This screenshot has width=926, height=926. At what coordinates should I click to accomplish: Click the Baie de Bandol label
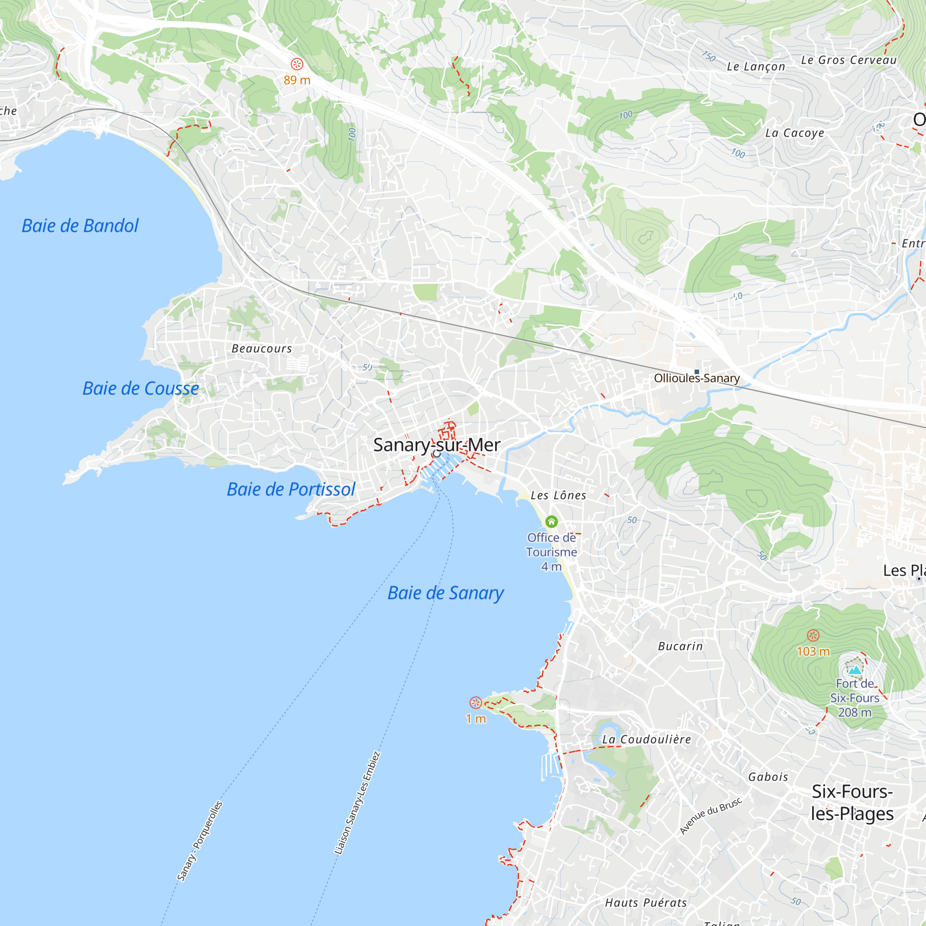click(80, 226)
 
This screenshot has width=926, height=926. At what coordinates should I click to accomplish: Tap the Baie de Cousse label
click(140, 389)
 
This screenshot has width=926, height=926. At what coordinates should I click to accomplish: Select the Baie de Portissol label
click(291, 489)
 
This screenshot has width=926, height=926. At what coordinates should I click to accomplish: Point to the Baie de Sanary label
click(445, 593)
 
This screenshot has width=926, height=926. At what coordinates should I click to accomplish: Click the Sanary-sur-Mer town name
click(437, 445)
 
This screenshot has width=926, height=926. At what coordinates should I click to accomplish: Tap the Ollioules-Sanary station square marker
click(696, 372)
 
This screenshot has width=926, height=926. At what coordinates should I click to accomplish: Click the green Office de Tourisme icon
click(551, 521)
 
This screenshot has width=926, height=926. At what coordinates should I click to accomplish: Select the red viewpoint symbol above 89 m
click(297, 64)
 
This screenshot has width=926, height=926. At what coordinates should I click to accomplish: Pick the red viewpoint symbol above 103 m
click(813, 636)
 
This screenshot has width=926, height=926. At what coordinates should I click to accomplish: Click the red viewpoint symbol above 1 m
click(476, 703)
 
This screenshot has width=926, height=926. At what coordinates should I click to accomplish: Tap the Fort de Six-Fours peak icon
click(855, 670)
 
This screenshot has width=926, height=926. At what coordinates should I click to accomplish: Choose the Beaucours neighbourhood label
click(262, 349)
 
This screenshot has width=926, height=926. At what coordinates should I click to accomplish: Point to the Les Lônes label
click(558, 495)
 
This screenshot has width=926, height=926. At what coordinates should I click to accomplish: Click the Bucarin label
click(680, 646)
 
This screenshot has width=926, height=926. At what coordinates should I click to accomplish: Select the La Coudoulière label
click(646, 739)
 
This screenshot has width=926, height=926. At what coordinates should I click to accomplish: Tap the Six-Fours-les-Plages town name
click(852, 802)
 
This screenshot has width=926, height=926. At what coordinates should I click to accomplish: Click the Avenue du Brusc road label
click(711, 816)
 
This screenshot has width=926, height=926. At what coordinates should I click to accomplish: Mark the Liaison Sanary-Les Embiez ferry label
click(357, 803)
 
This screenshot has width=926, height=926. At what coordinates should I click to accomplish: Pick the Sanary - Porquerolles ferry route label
click(200, 841)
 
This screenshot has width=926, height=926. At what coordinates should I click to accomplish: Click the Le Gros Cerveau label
click(849, 60)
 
